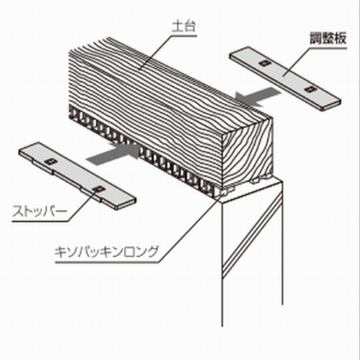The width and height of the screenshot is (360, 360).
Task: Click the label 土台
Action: click(x=184, y=27)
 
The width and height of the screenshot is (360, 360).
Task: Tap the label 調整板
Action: click(x=327, y=38)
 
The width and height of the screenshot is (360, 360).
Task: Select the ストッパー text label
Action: click(x=40, y=211)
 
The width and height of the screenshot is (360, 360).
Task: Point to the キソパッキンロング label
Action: click(x=107, y=251)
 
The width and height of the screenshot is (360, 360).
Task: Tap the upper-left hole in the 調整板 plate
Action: click(x=263, y=62)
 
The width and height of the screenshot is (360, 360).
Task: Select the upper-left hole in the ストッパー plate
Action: click(x=50, y=162)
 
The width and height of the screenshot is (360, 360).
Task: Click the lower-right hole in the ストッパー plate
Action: click(x=97, y=189)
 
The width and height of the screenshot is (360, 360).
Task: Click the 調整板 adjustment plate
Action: click(x=285, y=78)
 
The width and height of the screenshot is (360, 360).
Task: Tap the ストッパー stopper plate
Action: click(x=77, y=176)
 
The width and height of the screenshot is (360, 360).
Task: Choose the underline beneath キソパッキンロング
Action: click(x=107, y=262)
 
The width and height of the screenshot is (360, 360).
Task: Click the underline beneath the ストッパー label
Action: click(x=40, y=221)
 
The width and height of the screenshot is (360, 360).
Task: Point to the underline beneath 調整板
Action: click(x=328, y=48)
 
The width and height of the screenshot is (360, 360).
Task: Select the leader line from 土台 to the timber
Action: click(x=156, y=52)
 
